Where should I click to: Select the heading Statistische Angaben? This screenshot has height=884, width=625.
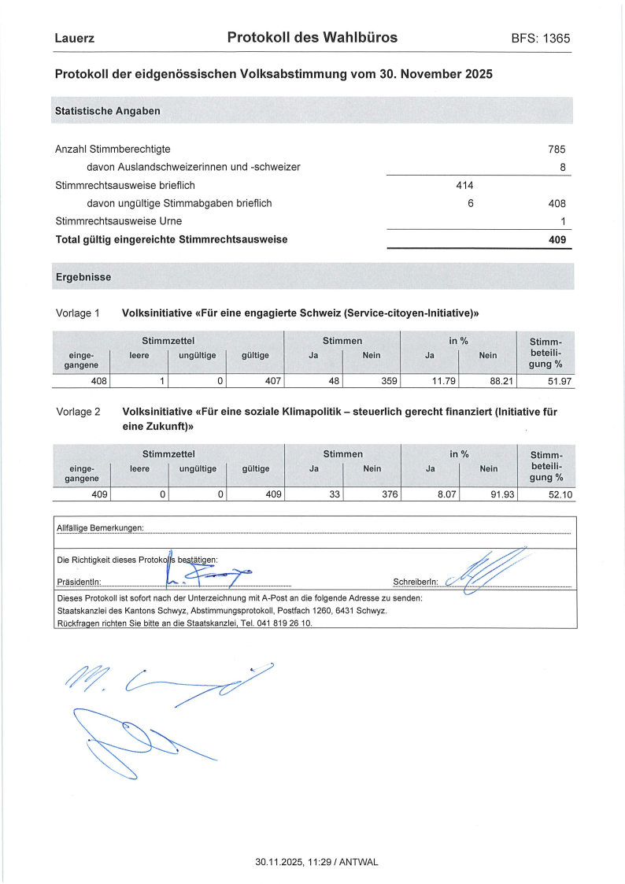[108, 111]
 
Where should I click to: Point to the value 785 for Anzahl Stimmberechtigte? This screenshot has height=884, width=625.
[557, 149]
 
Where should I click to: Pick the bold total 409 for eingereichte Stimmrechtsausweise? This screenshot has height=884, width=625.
[557, 239]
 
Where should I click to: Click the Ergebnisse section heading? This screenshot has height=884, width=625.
[83, 278]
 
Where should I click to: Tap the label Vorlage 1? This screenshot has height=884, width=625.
[78, 313]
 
